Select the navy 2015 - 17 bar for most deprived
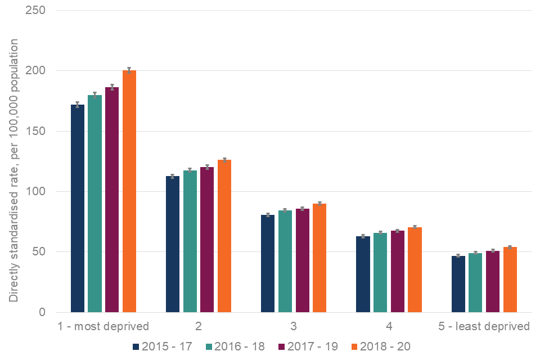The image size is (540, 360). [x=78, y=208]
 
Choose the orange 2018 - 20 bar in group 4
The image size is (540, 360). [x=415, y=269]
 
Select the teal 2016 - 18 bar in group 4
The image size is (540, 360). [x=380, y=272]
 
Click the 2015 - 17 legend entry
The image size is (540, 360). [x=163, y=346]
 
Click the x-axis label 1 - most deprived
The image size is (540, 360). [x=103, y=326]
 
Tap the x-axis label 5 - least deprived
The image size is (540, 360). [x=484, y=326]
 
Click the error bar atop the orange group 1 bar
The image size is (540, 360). [x=129, y=70]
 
